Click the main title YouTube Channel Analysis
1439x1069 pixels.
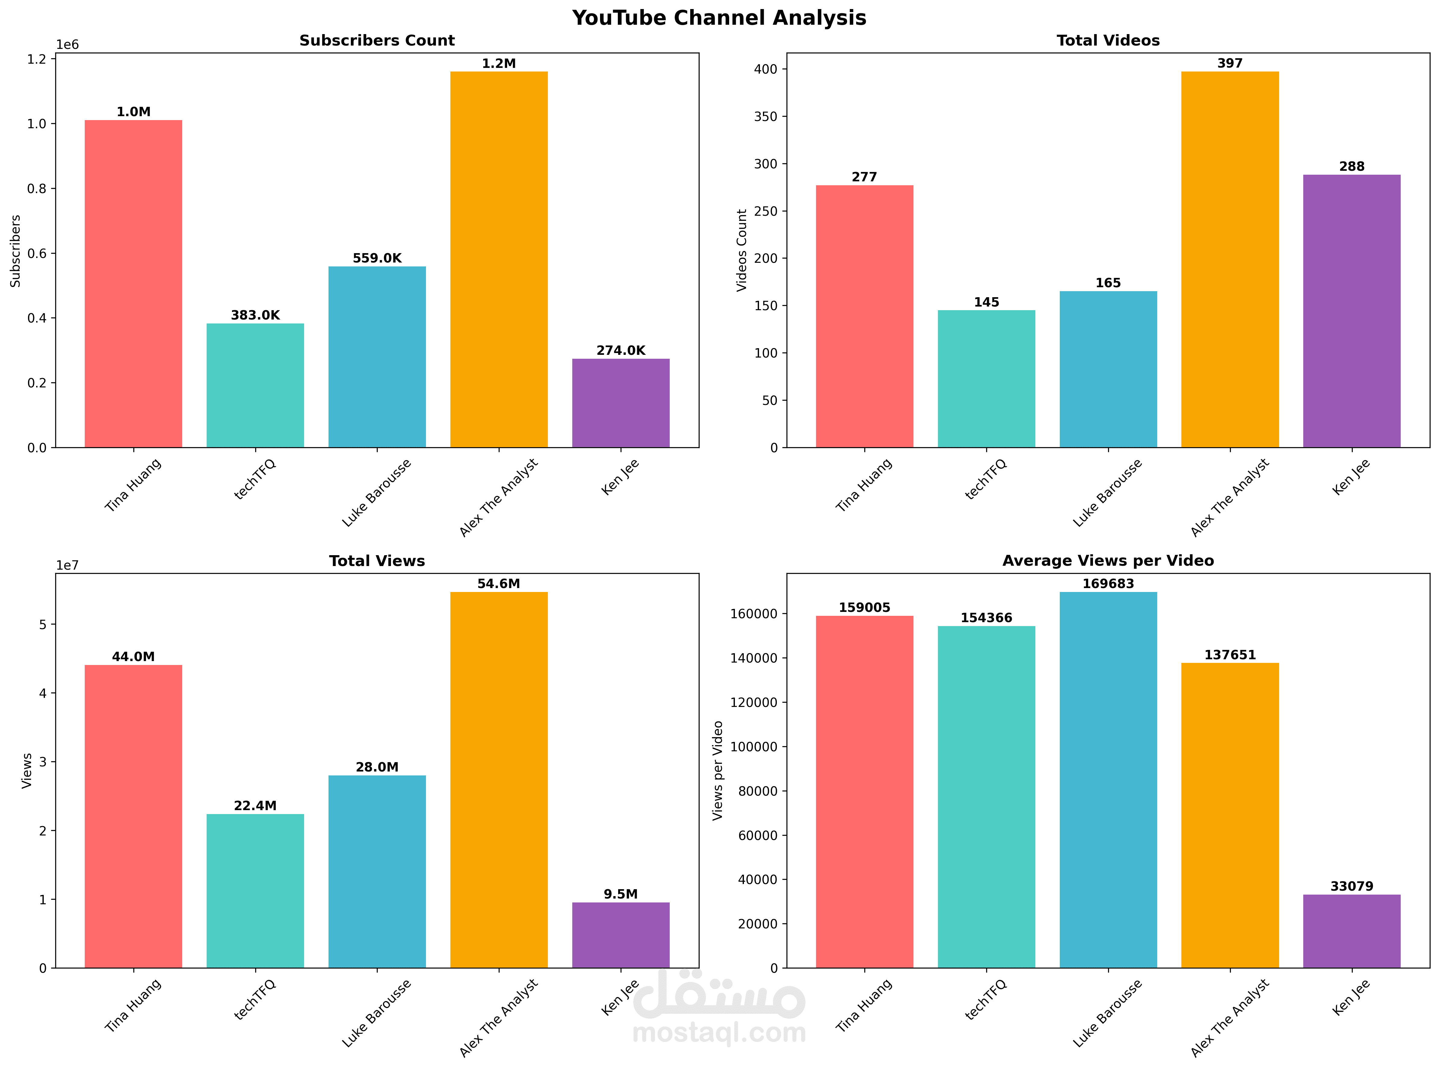[719, 18]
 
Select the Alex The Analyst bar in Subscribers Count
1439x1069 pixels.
[499, 259]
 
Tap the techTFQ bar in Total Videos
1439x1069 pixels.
[986, 379]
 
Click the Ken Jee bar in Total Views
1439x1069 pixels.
[621, 935]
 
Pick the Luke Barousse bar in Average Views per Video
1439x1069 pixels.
[1108, 780]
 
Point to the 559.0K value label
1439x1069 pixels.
[377, 258]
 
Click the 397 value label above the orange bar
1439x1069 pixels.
[1229, 63]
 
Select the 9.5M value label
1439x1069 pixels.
[621, 894]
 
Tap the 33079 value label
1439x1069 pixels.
[1352, 886]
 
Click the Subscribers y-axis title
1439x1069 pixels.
[15, 251]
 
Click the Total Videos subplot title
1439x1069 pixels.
[1108, 41]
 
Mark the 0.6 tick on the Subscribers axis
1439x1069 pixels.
[37, 254]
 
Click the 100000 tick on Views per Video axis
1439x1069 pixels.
[754, 747]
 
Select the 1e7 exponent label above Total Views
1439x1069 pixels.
[67, 565]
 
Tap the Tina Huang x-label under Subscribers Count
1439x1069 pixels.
[133, 485]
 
